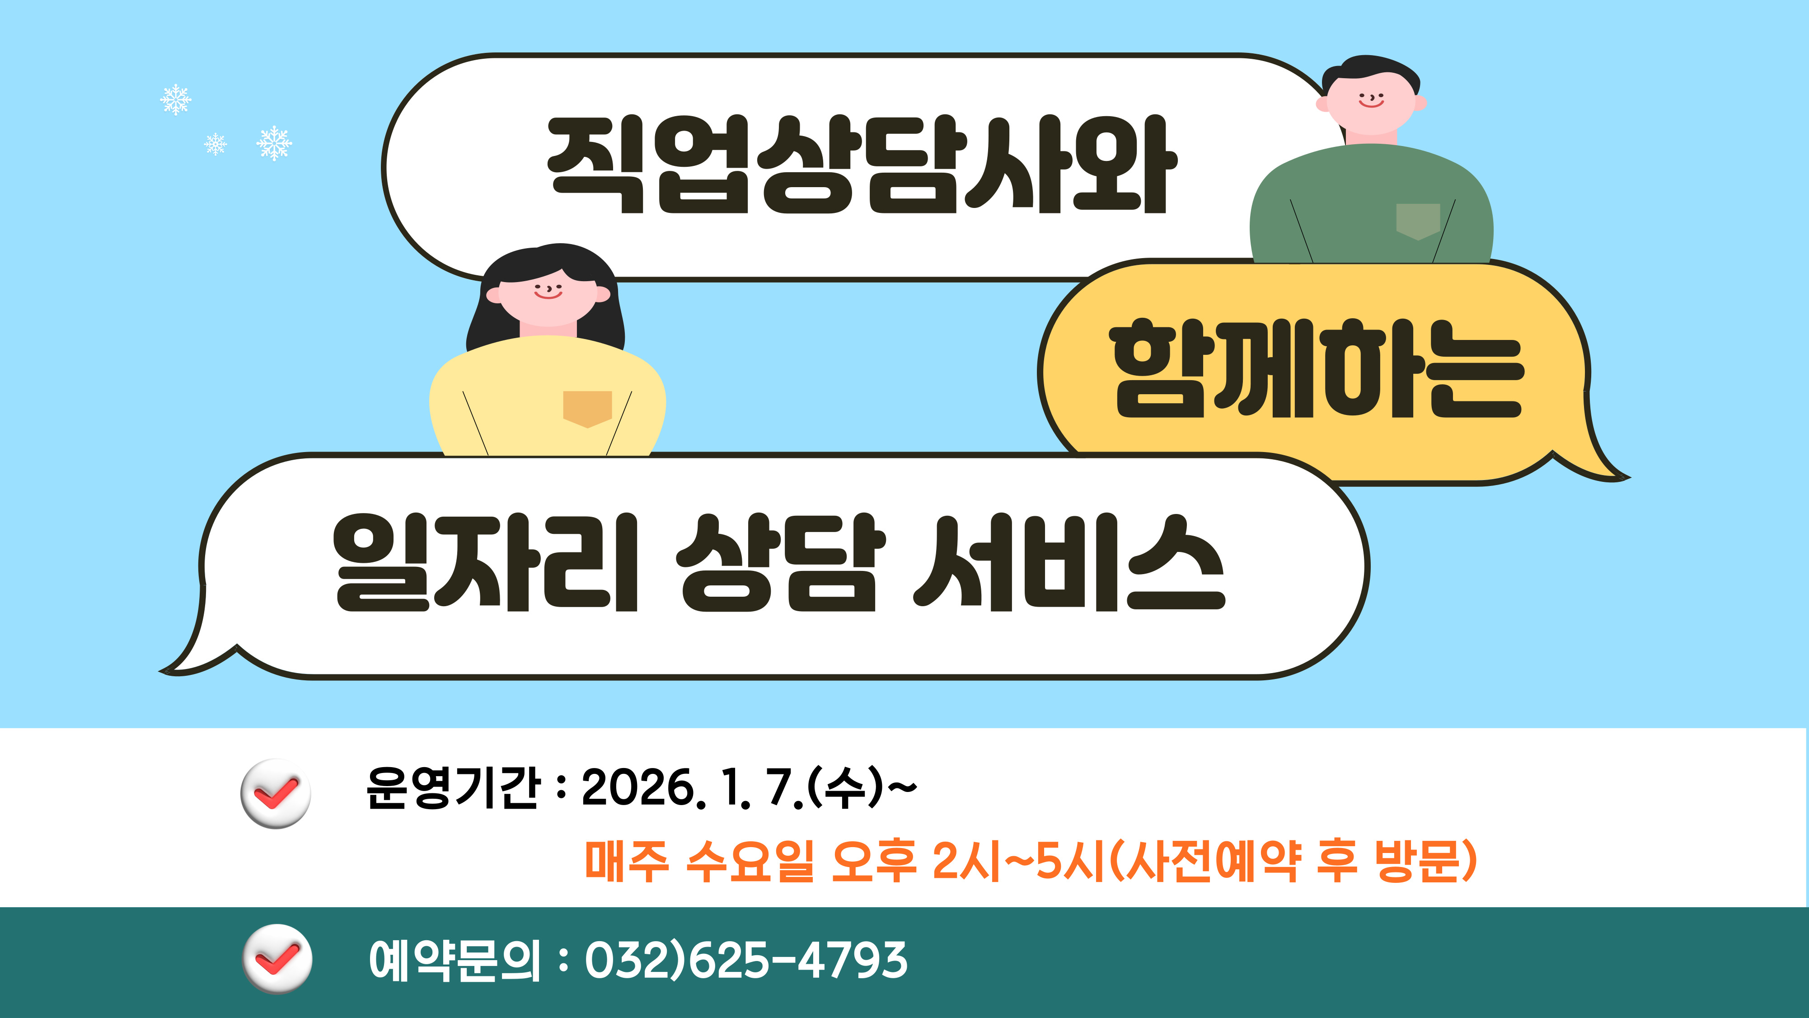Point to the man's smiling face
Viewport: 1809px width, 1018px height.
(1370, 102)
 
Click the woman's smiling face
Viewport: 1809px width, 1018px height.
(548, 294)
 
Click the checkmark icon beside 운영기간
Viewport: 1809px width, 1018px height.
(275, 793)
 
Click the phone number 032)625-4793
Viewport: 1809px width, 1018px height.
(746, 961)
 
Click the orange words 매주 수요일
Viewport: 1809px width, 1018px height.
(699, 861)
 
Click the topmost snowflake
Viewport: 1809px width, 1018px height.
(176, 100)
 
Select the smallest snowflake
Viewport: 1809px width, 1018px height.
(216, 144)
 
